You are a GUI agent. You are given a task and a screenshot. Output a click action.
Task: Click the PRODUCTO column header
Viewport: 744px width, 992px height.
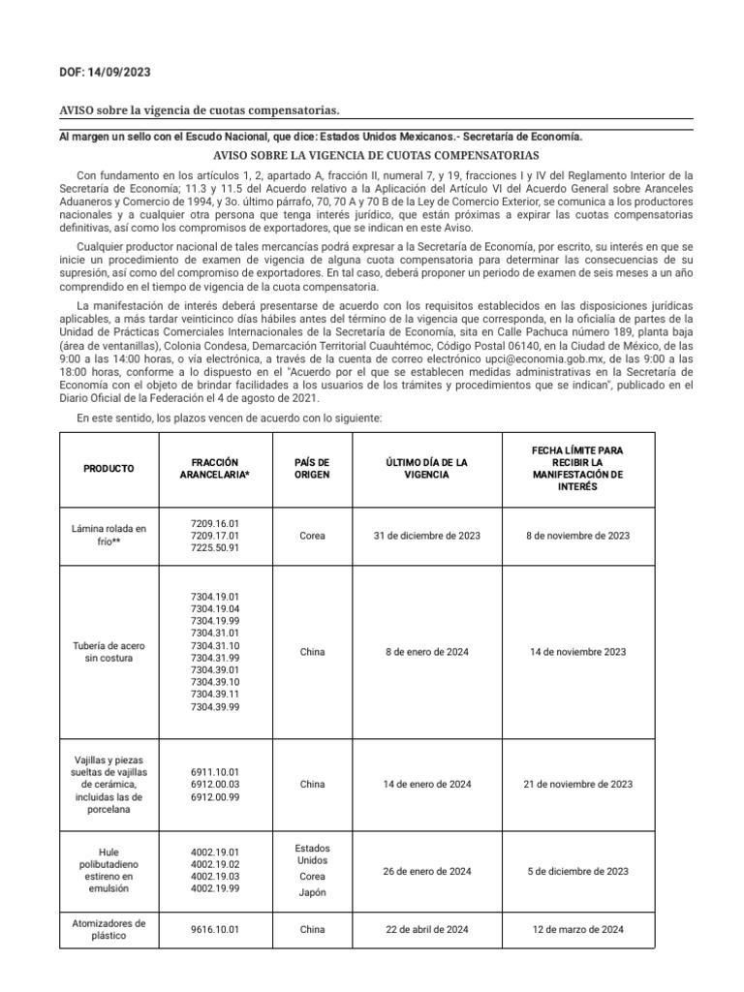pyautogui.click(x=108, y=468)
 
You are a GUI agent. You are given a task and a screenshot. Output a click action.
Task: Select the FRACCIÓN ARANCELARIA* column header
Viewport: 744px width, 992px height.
pyautogui.click(x=215, y=469)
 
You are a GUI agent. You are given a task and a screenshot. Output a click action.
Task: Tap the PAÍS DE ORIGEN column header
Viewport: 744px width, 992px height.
pyautogui.click(x=312, y=469)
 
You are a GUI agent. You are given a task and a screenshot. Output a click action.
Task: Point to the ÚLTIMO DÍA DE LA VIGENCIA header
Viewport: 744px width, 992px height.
pyautogui.click(x=426, y=469)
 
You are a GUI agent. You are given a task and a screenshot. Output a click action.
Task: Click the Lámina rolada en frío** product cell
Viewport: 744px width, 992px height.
pyautogui.click(x=108, y=535)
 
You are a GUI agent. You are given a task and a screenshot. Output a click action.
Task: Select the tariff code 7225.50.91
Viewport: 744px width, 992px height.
pyautogui.click(x=215, y=547)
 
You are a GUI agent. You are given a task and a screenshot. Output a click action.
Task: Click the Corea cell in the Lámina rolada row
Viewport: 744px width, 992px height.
pyautogui.click(x=312, y=535)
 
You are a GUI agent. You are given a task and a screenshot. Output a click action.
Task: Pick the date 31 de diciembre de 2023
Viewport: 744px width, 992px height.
pyautogui.click(x=426, y=535)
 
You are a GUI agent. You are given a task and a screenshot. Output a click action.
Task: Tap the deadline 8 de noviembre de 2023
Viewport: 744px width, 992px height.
pyautogui.click(x=577, y=535)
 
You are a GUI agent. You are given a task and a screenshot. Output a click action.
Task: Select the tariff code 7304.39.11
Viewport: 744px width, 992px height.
pyautogui.click(x=215, y=695)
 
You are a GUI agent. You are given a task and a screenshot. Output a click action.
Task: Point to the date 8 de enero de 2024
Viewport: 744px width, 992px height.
pyautogui.click(x=426, y=652)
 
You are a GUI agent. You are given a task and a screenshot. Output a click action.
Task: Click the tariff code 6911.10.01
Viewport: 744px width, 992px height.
pyautogui.click(x=215, y=771)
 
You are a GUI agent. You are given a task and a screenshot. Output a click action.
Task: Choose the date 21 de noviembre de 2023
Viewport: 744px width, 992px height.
pyautogui.click(x=577, y=784)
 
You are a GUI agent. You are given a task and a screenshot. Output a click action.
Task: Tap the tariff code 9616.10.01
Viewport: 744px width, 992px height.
pyautogui.click(x=215, y=930)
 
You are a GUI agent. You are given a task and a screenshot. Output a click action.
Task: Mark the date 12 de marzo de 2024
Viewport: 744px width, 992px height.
pyautogui.click(x=577, y=930)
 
